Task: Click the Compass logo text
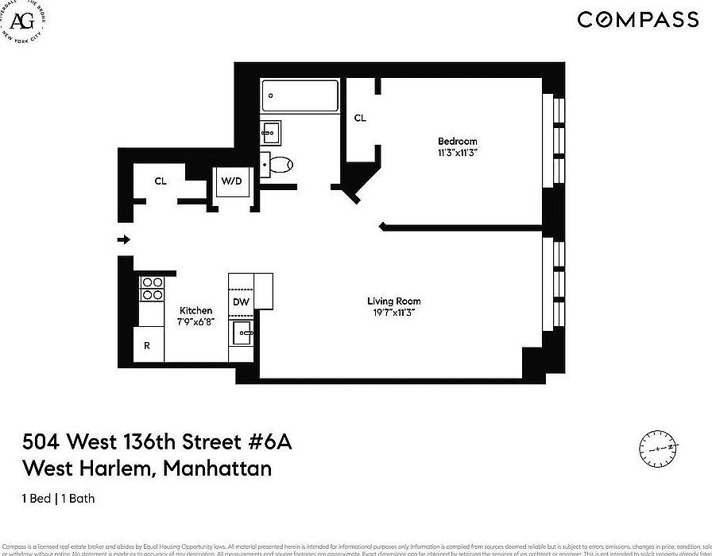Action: tap(637, 20)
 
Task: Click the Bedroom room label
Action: tap(458, 141)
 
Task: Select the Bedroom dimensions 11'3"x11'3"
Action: tap(458, 152)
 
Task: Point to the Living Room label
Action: tap(394, 301)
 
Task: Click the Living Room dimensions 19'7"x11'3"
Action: tap(394, 313)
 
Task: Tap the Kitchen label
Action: tap(195, 310)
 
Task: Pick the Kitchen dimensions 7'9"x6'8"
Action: tap(195, 321)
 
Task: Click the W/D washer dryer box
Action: tap(231, 181)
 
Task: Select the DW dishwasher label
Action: tap(241, 301)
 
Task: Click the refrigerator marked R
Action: tap(147, 346)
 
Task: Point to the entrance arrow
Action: tap(123, 239)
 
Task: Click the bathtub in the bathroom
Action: tap(300, 97)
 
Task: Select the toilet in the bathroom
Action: tap(279, 165)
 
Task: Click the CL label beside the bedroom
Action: tap(360, 118)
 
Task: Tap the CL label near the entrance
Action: tap(161, 181)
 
